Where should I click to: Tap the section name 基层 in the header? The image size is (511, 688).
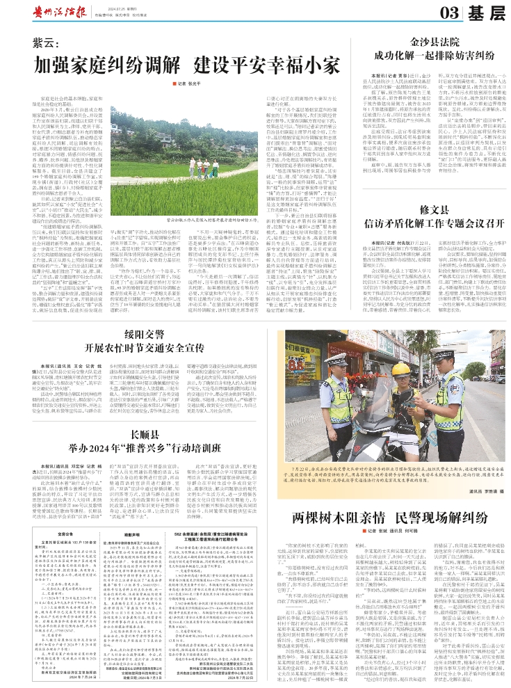(x=484, y=12)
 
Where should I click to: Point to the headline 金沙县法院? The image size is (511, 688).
(x=434, y=41)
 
